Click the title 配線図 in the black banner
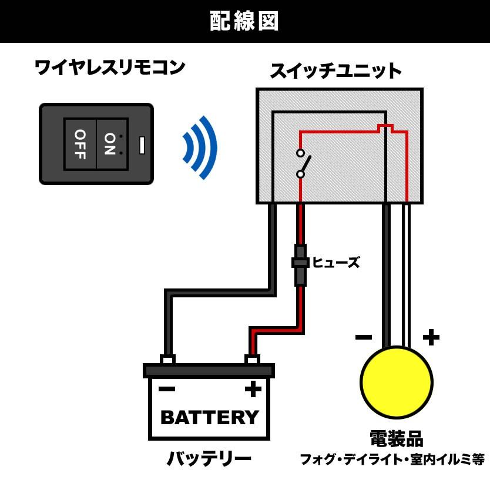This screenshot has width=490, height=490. point(244,21)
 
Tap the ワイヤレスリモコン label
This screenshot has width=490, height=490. point(110,67)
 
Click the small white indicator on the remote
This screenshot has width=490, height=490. point(142,145)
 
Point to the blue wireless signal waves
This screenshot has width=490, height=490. point(200,147)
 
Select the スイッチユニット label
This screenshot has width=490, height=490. point(335,72)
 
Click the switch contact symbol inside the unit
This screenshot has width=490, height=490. point(303,163)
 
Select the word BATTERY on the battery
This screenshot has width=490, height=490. point(209,417)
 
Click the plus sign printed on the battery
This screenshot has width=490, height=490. point(253,388)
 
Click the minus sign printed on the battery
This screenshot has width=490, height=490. point(167,388)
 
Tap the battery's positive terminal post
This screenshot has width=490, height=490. point(252,359)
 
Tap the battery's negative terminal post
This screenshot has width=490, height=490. point(167,359)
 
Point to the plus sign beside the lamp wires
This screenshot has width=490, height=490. point(431,337)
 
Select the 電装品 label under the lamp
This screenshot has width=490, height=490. point(396,438)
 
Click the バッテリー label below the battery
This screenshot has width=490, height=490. point(209,458)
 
